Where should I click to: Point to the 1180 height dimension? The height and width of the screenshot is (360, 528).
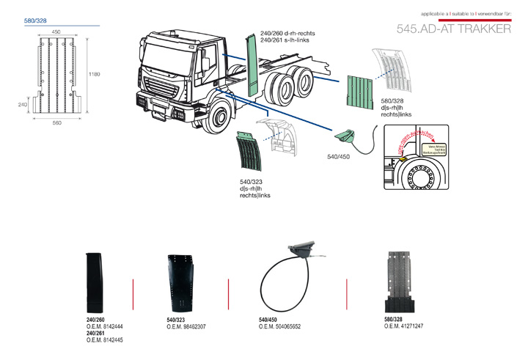(94, 74)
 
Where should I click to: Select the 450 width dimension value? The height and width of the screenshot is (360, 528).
(56, 32)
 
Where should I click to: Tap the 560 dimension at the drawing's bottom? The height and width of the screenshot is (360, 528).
(56, 122)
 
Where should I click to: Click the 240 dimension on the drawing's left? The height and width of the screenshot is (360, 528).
(22, 105)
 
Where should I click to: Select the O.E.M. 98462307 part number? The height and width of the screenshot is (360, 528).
(186, 326)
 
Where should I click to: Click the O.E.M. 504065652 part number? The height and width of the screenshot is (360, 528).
(280, 326)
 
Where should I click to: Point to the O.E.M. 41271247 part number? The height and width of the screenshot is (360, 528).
(403, 326)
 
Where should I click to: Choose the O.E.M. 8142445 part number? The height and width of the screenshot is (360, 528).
(105, 340)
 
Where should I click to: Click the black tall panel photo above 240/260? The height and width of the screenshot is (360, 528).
(96, 282)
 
